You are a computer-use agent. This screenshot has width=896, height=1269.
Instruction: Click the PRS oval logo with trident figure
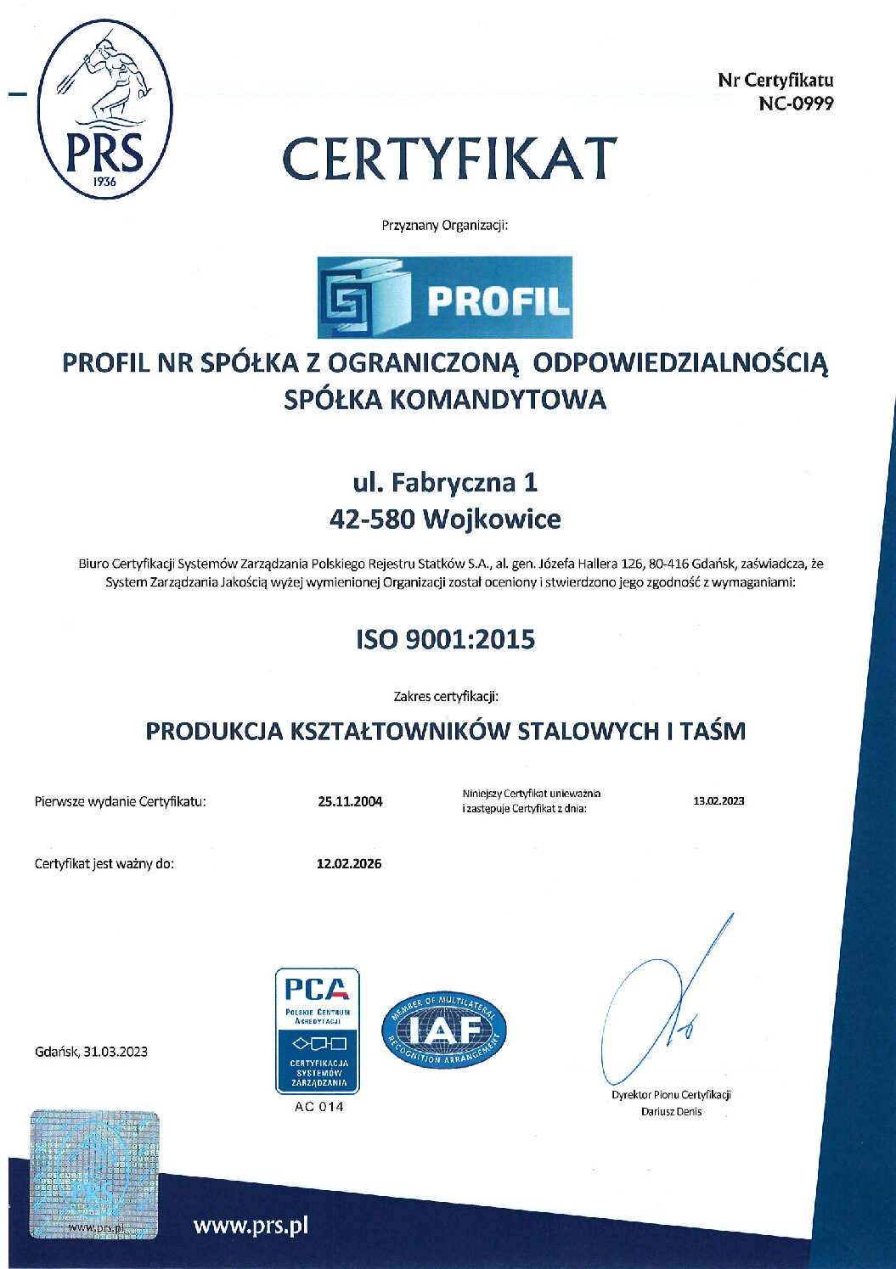[105, 109]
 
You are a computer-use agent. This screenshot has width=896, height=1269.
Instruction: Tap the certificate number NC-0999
[796, 104]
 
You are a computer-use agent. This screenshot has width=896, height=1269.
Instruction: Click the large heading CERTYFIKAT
[449, 159]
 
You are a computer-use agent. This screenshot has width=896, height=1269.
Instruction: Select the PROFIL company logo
[444, 297]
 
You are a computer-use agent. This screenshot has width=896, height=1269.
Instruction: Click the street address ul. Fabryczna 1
[445, 482]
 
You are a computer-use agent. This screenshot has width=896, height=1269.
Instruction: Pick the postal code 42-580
[371, 519]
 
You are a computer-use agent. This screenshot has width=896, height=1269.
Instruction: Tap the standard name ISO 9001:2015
[445, 639]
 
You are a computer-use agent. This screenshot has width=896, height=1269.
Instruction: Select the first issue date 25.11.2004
[350, 801]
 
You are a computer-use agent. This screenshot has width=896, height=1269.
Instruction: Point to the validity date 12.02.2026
[349, 864]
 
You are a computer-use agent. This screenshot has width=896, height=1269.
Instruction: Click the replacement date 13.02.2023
[718, 800]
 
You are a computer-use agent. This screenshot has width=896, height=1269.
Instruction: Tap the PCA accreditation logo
[317, 1030]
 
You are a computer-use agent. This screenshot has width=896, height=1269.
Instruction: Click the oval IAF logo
[443, 1030]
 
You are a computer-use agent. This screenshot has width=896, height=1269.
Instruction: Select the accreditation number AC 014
[318, 1107]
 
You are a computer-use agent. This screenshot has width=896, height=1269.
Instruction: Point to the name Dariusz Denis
[671, 1112]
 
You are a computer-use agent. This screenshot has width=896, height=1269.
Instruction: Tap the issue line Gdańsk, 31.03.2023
[91, 1052]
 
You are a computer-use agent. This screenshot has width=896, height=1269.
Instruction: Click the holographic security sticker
[94, 1173]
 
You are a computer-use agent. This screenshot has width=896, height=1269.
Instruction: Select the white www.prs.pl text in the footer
[251, 1226]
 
